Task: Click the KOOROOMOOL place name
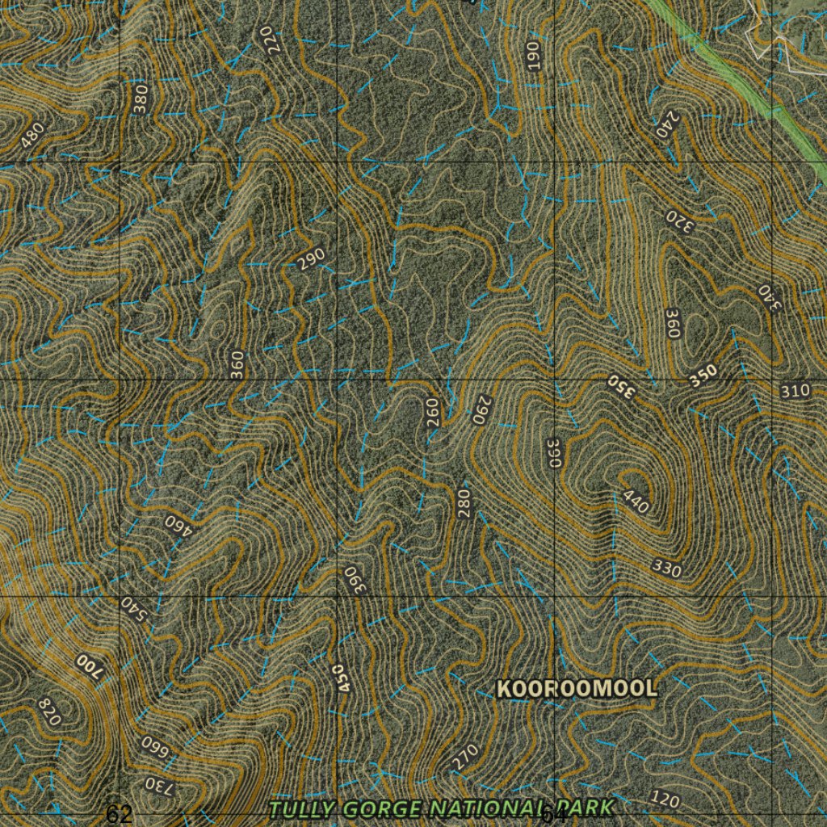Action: coord(577,689)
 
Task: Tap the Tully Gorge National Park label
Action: coord(441,808)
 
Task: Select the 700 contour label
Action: coord(90,668)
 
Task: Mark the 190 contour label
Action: coord(533,55)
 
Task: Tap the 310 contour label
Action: coord(796,392)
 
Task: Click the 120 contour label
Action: coord(665,800)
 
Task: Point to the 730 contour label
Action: coord(158,785)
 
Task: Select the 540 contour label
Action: coord(134,611)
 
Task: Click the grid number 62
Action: coord(119,814)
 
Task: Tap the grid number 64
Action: coord(553,815)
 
